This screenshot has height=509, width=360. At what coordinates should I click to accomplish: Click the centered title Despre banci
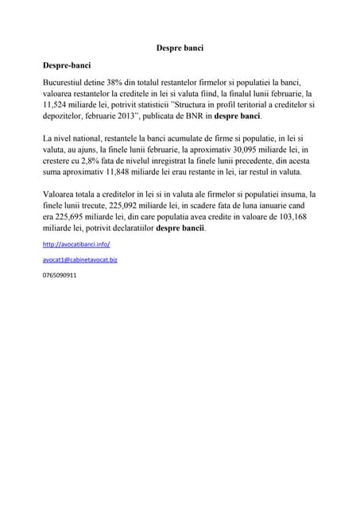[x=180, y=48]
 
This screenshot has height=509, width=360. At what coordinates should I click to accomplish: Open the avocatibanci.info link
[x=76, y=244]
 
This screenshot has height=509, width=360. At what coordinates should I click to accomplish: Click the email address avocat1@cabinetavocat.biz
[x=80, y=259]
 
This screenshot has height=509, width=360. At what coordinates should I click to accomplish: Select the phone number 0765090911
[x=60, y=274]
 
